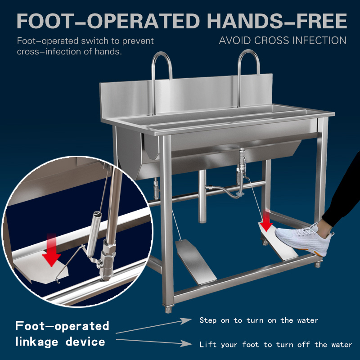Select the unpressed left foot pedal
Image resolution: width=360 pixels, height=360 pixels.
click(196, 261)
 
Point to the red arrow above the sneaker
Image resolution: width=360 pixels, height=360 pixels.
click(266, 221)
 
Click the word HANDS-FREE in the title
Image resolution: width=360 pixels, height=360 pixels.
click(277, 21)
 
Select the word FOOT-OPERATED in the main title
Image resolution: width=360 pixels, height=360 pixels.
click(108, 21)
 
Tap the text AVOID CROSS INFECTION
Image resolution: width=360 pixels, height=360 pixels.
click(283, 40)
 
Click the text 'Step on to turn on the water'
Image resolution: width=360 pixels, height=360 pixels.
click(259, 320)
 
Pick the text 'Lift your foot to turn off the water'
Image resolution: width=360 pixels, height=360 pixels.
click(275, 344)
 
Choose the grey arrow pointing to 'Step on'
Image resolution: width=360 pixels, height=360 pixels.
click(153, 325)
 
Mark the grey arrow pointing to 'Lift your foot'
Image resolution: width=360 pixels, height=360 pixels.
click(154, 342)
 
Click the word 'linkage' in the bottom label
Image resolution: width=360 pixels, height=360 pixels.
click(37, 342)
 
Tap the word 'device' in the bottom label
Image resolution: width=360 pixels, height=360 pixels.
click(85, 342)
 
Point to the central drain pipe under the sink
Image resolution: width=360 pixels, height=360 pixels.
click(202, 196)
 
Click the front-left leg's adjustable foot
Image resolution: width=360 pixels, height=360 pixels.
click(168, 309)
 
